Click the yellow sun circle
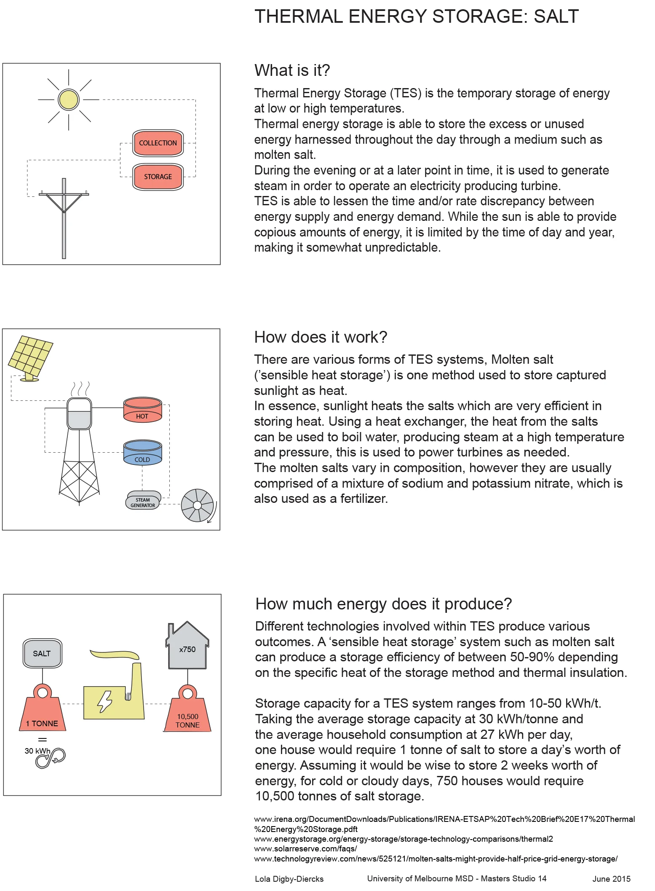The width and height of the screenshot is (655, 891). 68,100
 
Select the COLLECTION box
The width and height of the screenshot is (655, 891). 158,143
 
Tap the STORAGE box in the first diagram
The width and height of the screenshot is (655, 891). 158,177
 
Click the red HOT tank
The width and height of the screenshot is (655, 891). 142,410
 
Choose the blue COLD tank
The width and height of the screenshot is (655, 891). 142,453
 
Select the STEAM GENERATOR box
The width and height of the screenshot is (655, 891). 143,502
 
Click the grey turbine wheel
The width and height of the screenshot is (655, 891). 197,505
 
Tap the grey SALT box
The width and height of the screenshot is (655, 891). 42,653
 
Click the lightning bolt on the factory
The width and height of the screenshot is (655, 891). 104,701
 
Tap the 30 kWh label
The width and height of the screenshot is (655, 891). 37,751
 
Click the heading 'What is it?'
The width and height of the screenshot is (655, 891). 292,70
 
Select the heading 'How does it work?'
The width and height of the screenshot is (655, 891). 321,337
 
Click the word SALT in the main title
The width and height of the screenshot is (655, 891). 556,16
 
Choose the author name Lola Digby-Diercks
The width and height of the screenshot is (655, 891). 289,879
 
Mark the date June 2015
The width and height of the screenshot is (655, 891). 611,879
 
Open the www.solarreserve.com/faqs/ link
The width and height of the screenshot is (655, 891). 305,848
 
